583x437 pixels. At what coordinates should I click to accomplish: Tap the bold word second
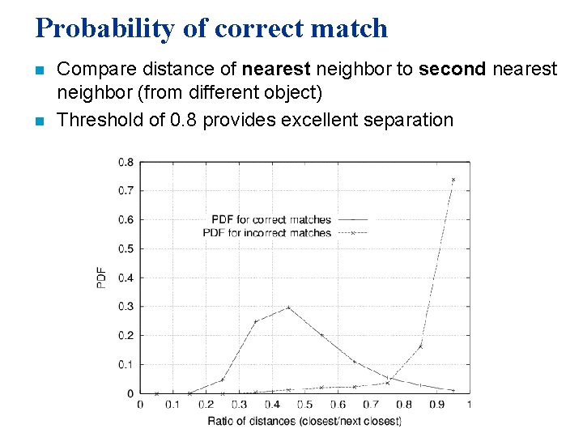tap(453, 70)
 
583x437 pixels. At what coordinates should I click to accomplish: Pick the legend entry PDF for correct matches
tap(271, 219)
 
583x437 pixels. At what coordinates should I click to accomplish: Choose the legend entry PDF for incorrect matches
tap(267, 232)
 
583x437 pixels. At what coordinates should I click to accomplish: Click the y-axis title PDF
tap(102, 278)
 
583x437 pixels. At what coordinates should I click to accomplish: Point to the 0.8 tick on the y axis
tap(126, 162)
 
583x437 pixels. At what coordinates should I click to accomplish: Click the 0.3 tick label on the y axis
tap(126, 307)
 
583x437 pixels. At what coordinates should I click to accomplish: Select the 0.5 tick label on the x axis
tap(304, 404)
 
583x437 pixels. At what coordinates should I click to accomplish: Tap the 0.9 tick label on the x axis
tap(436, 404)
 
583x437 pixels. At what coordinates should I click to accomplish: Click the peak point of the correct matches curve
tap(288, 308)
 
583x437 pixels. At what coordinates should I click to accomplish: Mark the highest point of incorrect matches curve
tap(453, 180)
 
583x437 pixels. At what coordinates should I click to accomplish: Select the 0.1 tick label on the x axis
tap(172, 404)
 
